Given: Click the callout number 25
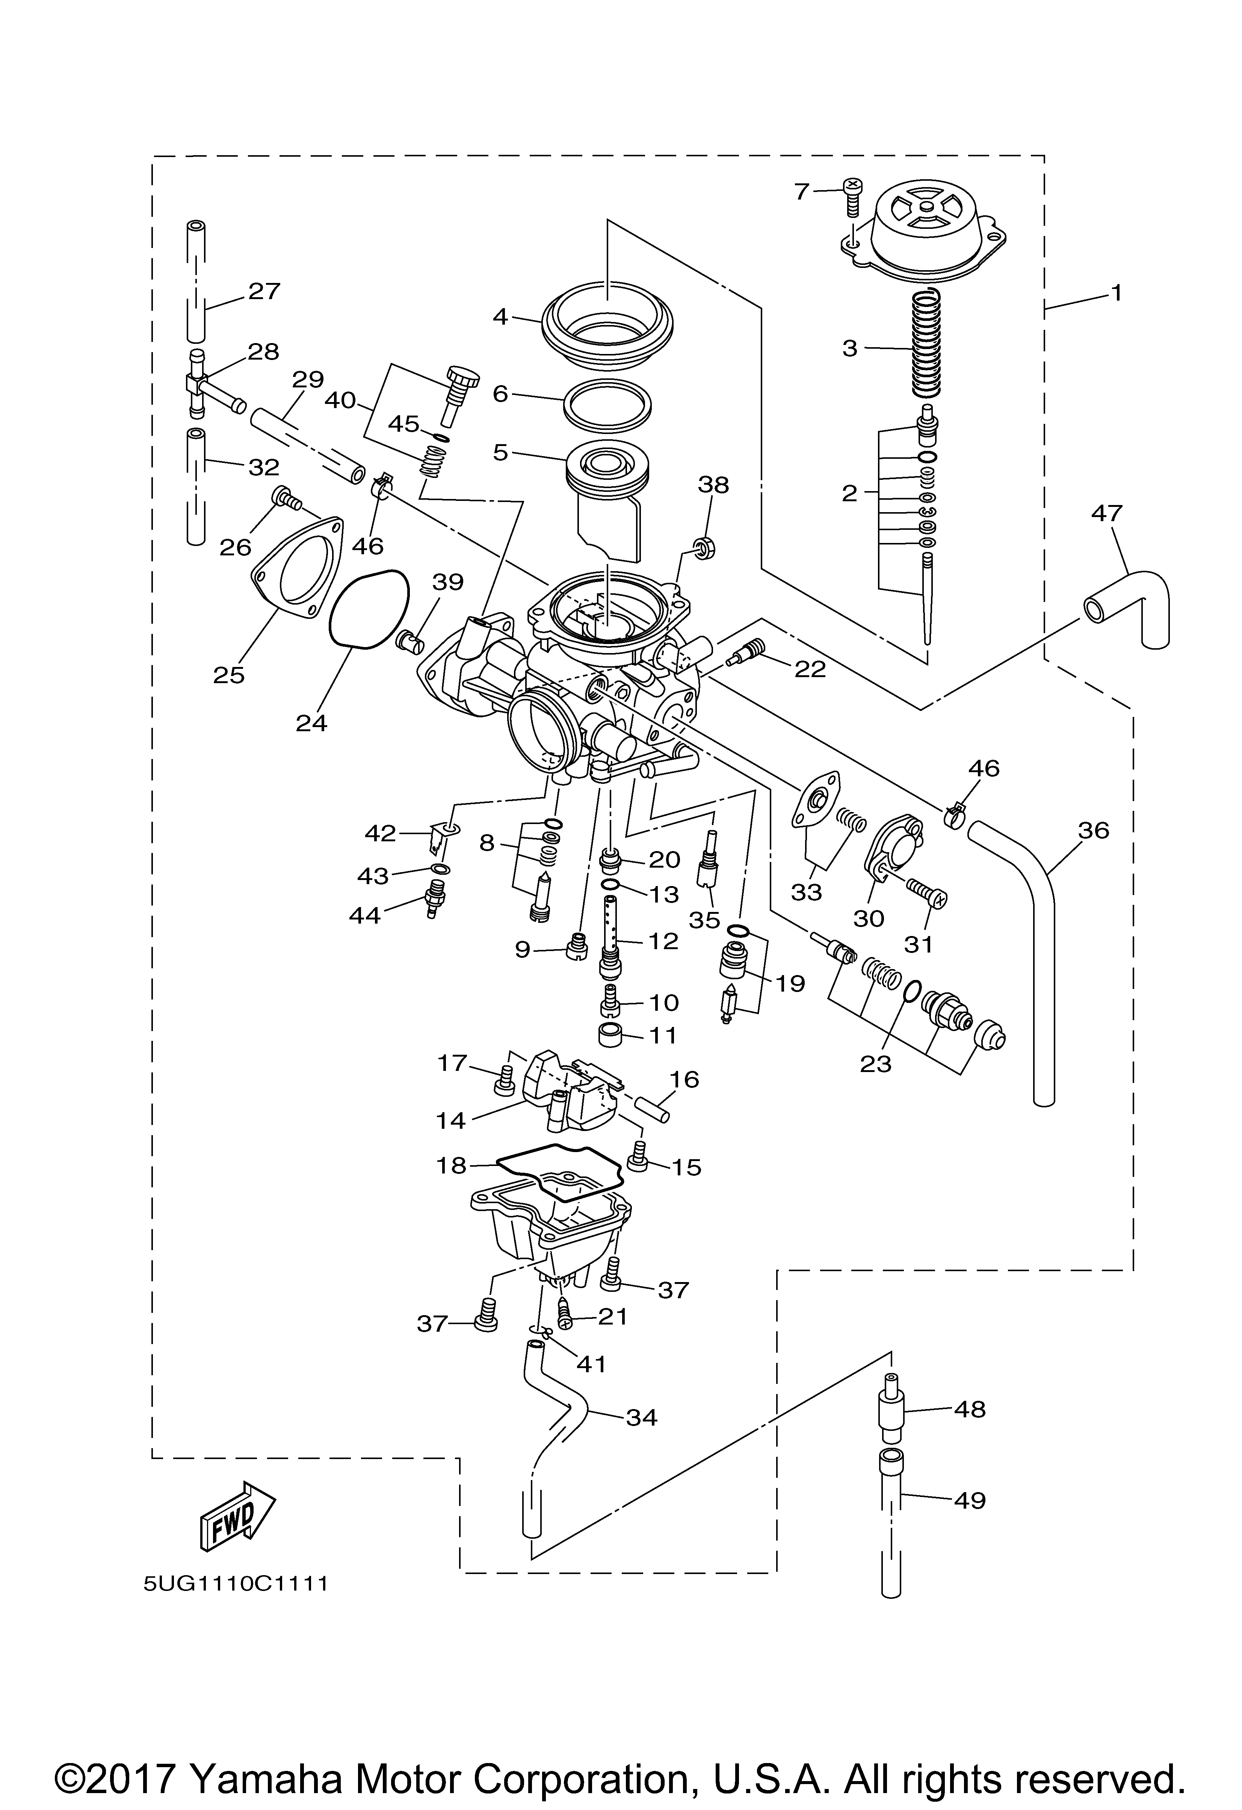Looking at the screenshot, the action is tap(229, 674).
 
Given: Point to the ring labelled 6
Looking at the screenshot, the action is tap(607, 405).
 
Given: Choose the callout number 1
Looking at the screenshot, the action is tap(1117, 293).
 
